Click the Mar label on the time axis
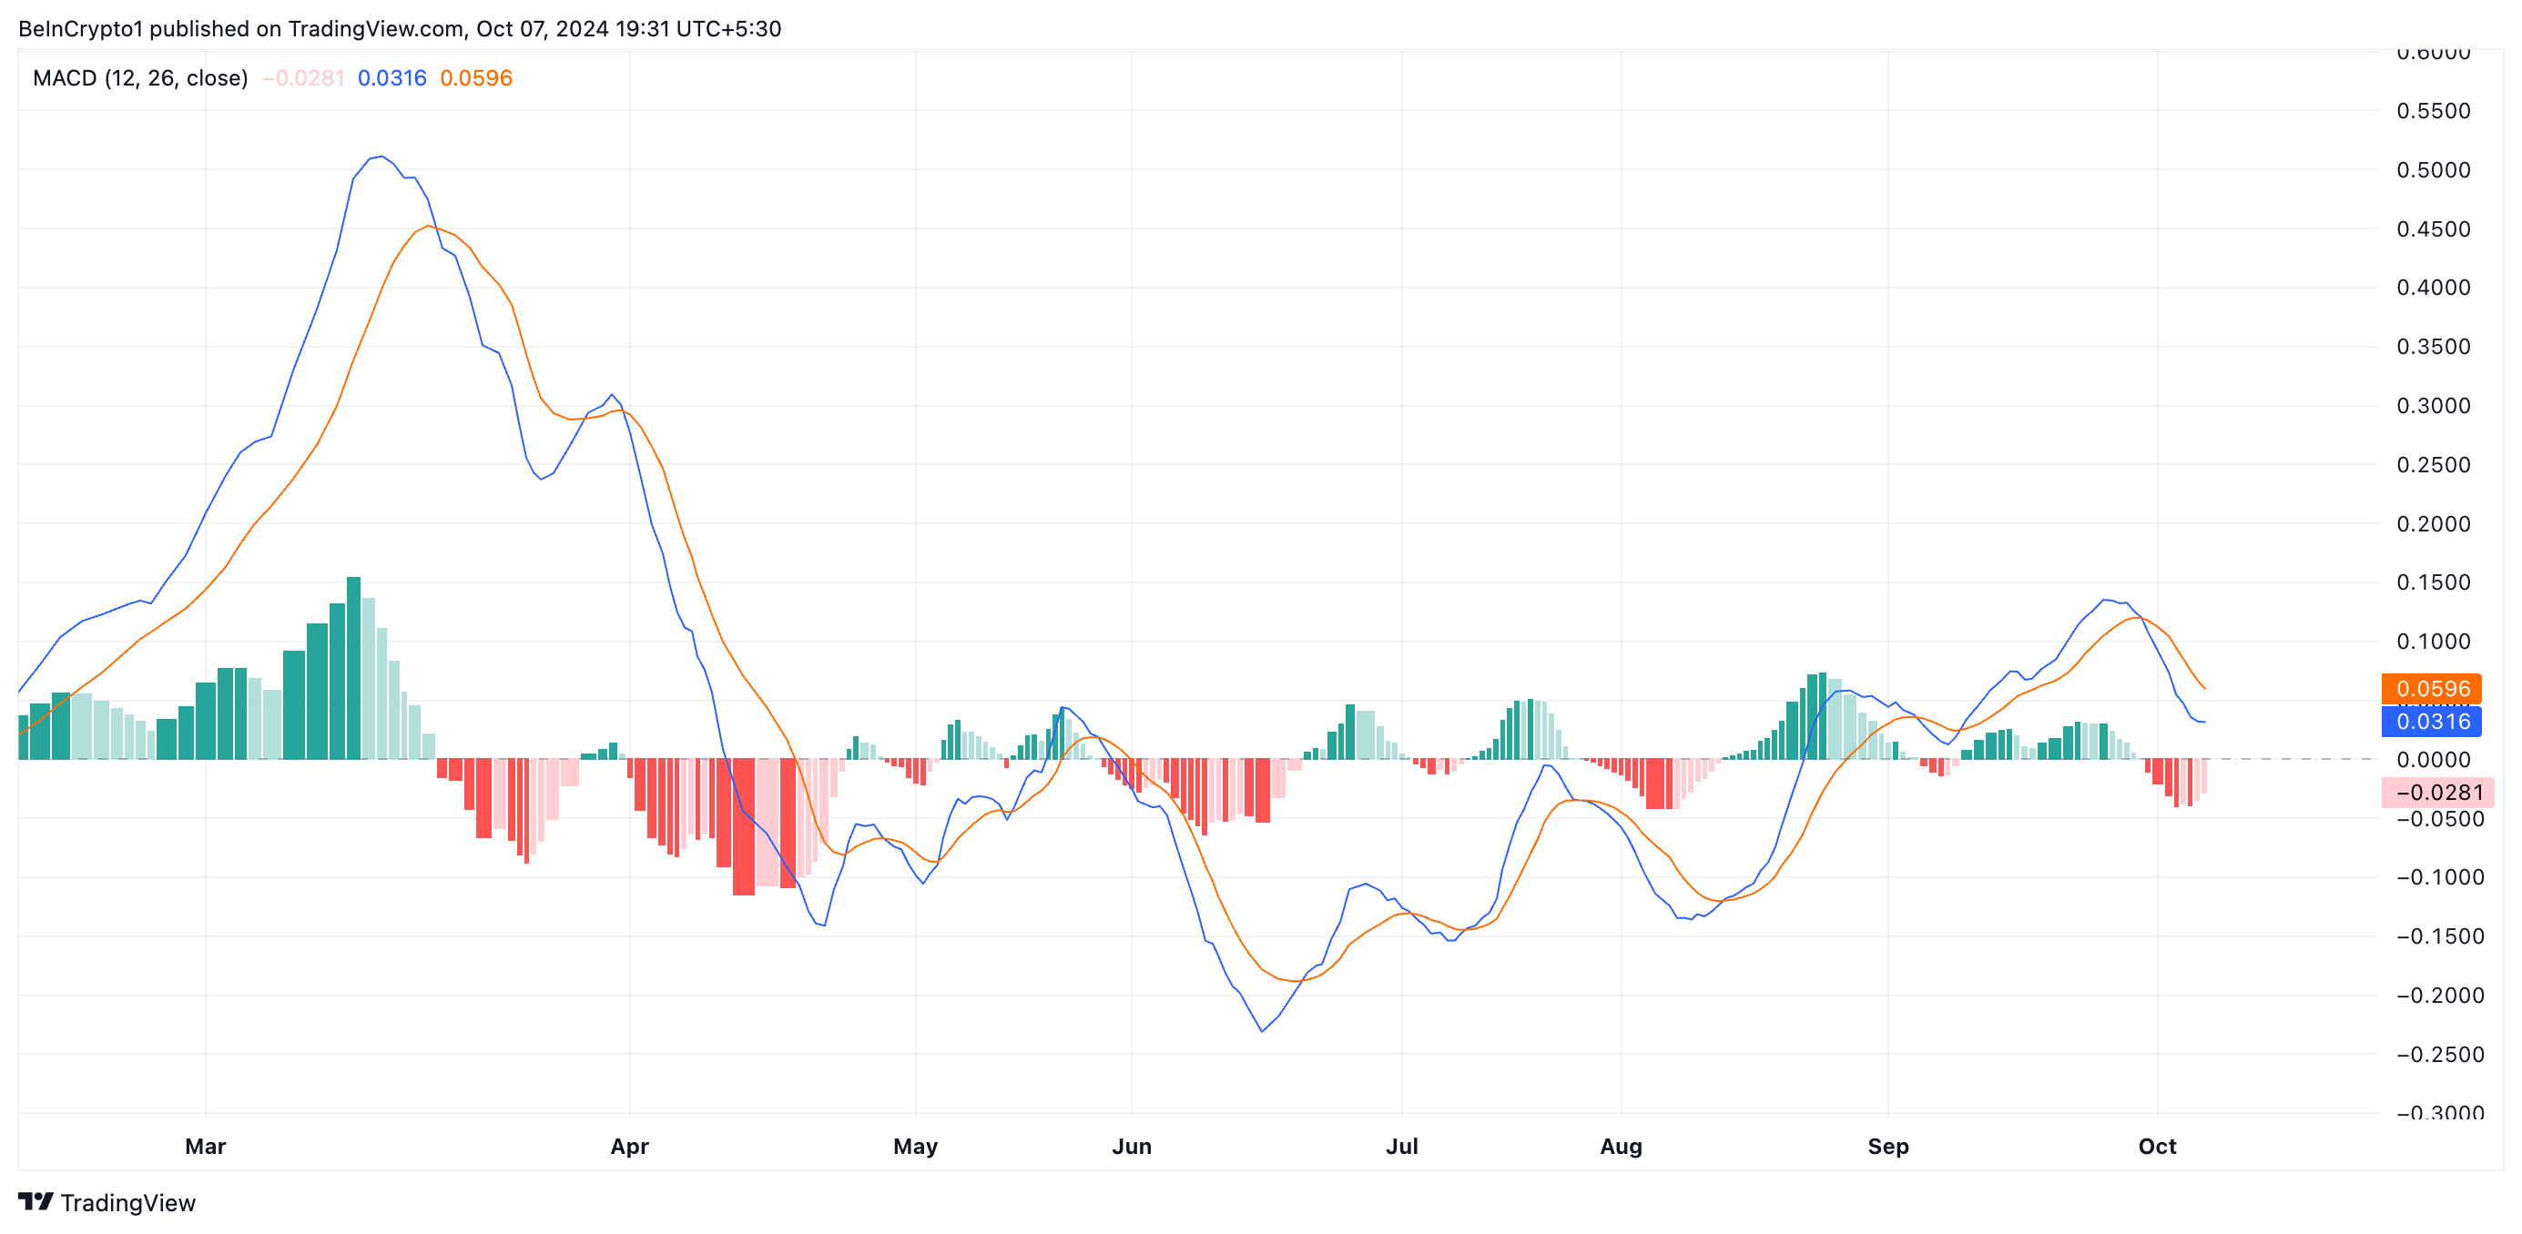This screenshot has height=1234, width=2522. click(206, 1146)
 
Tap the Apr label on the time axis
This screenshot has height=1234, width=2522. click(629, 1146)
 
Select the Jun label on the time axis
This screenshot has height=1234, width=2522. click(1132, 1146)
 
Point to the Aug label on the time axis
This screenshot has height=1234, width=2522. click(1622, 1146)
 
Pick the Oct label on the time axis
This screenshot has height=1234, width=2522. click(2157, 1146)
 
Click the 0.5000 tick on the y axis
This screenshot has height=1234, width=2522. click(2433, 170)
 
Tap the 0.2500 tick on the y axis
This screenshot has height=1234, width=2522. click(2433, 465)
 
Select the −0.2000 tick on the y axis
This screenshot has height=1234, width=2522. click(2433, 996)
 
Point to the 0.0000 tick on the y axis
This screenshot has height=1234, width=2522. click(2433, 759)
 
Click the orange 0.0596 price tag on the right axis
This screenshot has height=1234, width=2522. click(2432, 689)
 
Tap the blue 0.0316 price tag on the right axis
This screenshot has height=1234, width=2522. click(2432, 723)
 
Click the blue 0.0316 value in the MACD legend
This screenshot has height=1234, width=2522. click(392, 78)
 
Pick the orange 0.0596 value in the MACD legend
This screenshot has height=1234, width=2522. click(476, 78)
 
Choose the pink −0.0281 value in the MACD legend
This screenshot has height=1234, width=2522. click(303, 78)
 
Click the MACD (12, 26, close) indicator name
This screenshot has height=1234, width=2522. click(140, 78)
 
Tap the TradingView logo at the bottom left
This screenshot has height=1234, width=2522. click(107, 1203)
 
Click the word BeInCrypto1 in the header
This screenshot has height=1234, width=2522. click(80, 28)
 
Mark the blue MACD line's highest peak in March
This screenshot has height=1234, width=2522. click(381, 157)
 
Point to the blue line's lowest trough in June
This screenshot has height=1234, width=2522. click(1262, 1031)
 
